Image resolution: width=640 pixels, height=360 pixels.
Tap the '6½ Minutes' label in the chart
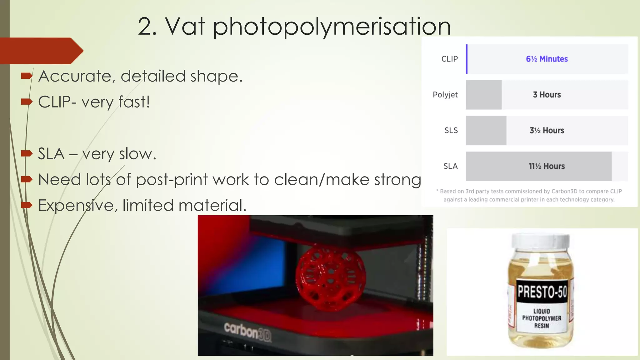click(547, 59)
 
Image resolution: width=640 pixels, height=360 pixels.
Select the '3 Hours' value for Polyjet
click(547, 95)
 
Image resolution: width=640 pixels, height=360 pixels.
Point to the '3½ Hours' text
click(547, 130)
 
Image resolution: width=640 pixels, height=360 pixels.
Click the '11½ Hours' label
click(547, 166)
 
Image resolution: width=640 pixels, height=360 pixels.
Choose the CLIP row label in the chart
click(449, 59)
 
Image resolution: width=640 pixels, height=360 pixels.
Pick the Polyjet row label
click(445, 95)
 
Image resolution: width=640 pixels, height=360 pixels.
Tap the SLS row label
click(451, 130)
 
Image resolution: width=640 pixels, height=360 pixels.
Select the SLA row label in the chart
click(450, 166)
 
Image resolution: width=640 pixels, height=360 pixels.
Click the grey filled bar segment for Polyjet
click(483, 95)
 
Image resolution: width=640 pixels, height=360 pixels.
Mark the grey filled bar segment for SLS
click(486, 130)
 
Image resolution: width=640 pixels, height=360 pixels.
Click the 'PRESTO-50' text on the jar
click(542, 292)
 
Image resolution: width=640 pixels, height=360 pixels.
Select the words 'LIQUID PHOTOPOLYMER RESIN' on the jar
click(542, 318)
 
